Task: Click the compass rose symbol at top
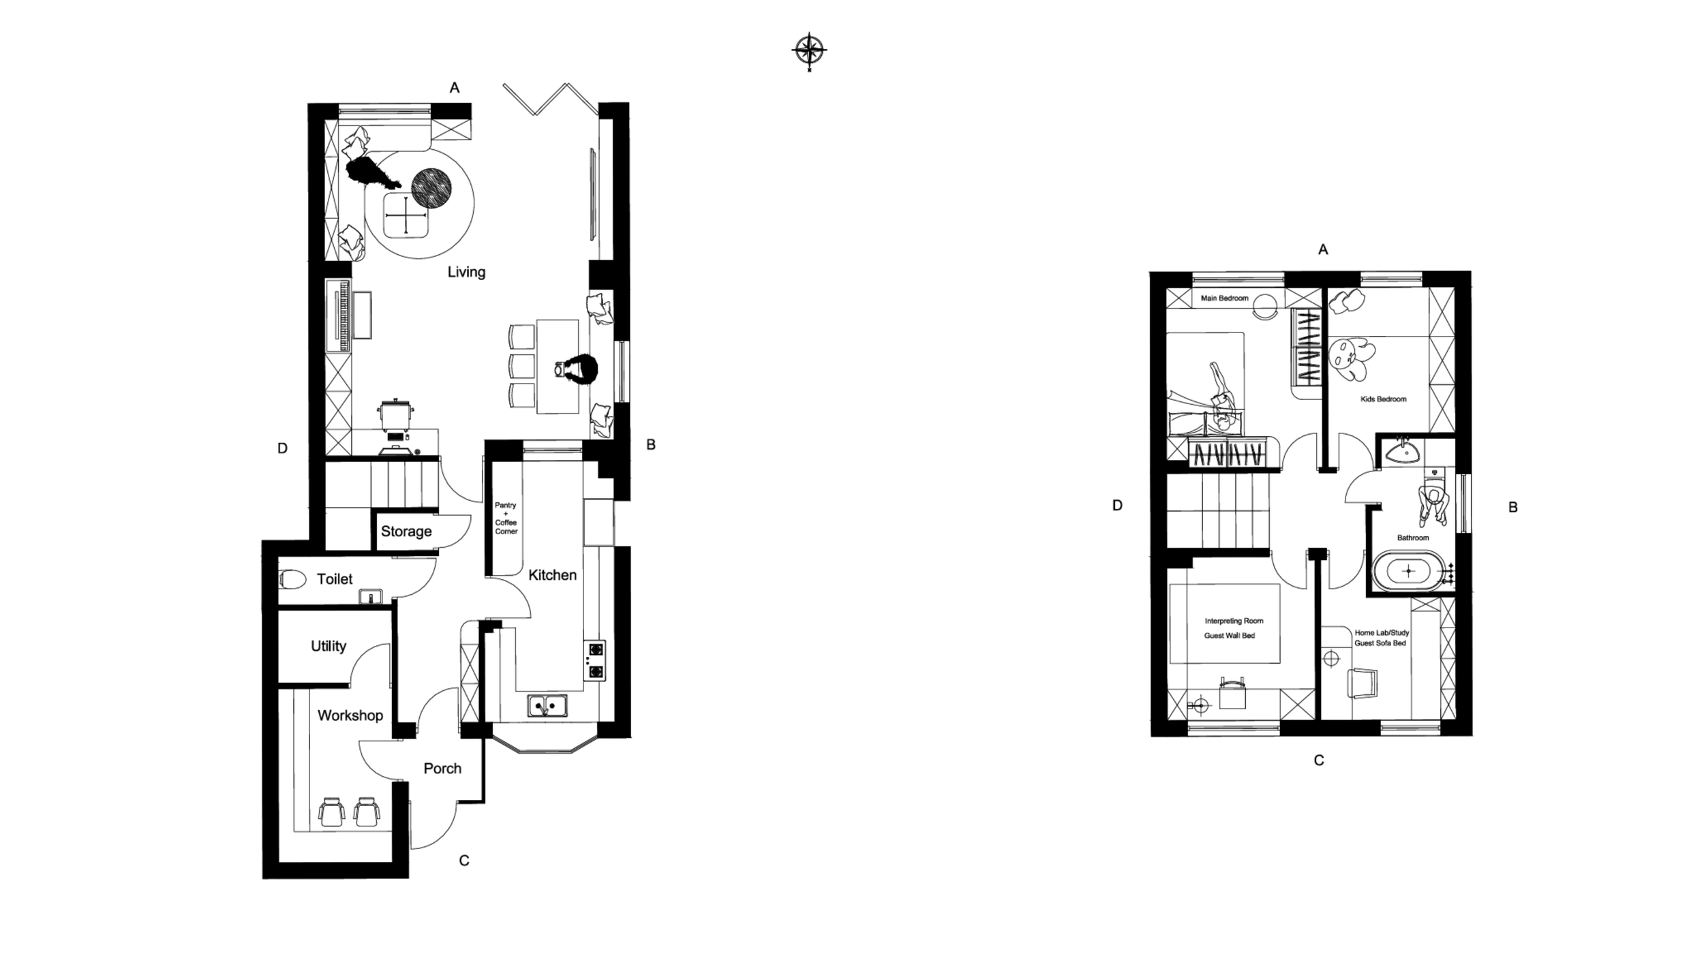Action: tap(809, 50)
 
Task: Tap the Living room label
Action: tap(466, 272)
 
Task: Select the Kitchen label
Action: tap(552, 575)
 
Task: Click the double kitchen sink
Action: tap(547, 705)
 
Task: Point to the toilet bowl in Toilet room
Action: tap(293, 579)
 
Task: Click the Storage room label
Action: tap(406, 531)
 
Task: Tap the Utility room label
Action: tap(329, 646)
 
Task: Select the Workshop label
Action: tap(350, 715)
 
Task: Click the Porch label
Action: tap(442, 769)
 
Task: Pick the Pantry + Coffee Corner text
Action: tap(506, 518)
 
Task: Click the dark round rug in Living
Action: tap(431, 187)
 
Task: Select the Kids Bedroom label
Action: tap(1383, 399)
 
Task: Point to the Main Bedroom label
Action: tap(1224, 298)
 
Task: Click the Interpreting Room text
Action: tap(1234, 621)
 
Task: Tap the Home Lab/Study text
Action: tap(1382, 632)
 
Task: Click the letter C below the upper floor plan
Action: tap(1319, 760)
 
